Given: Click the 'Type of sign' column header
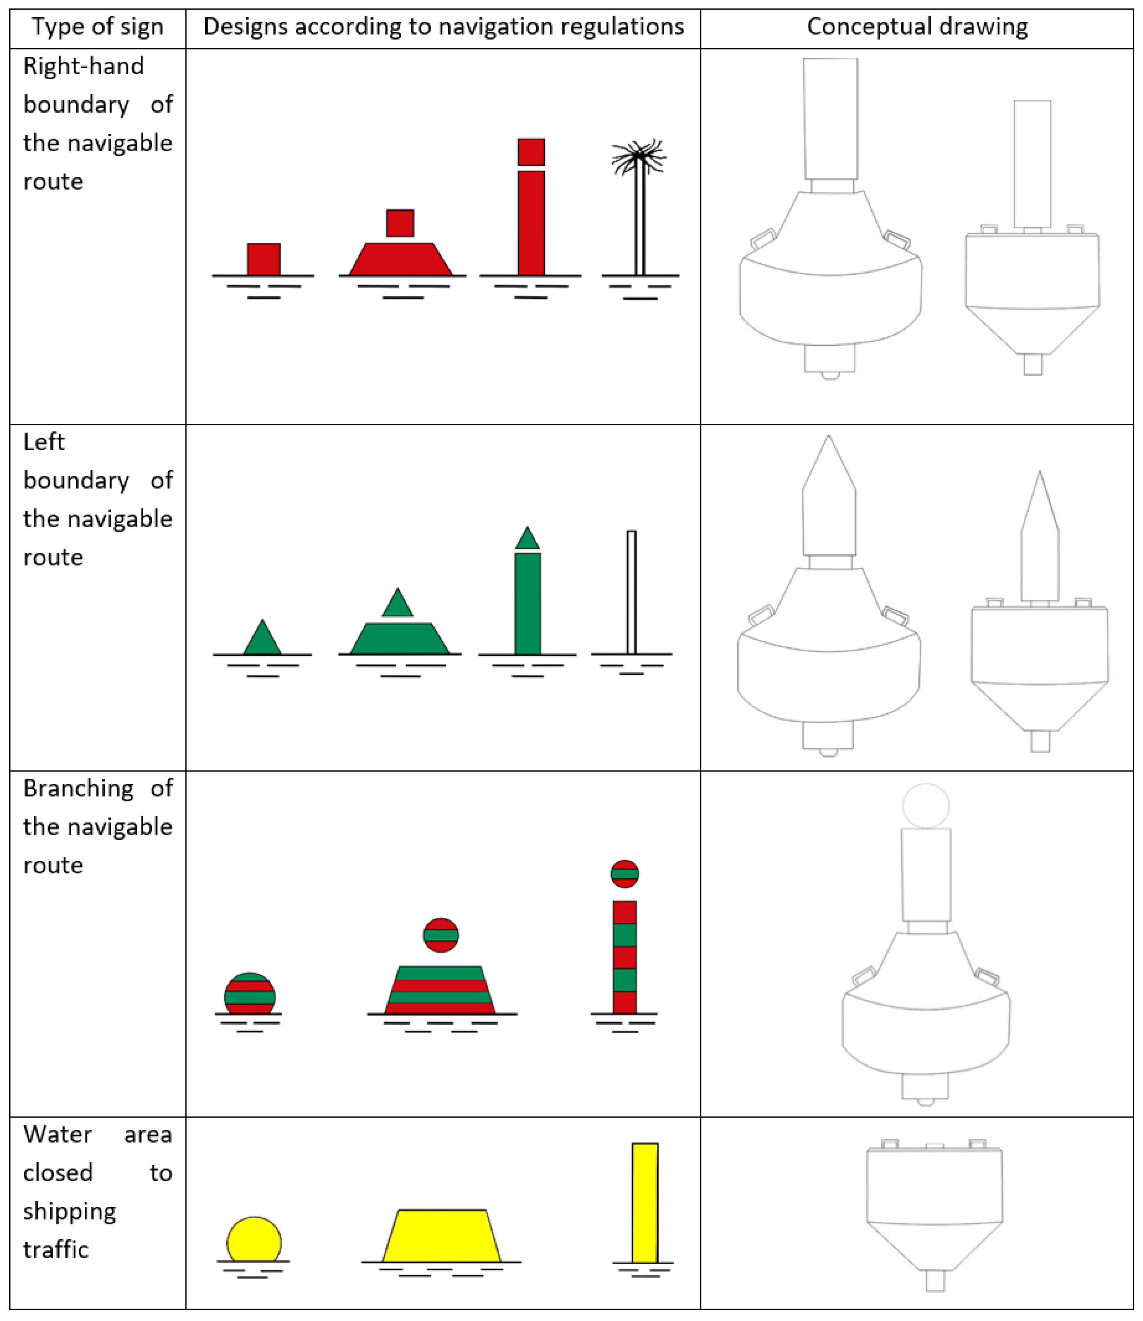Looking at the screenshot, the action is pos(98,27).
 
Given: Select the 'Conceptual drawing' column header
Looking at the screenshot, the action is pos(917,27).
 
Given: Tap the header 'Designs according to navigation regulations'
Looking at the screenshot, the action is pos(443,27).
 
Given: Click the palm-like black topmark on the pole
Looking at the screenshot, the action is pos(639,156).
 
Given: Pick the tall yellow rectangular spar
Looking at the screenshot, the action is pos(645,1202).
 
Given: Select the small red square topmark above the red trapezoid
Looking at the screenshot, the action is pos(400,223).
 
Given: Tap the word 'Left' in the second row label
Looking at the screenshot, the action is pos(44,442).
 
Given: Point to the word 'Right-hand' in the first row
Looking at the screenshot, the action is pos(84,66).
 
